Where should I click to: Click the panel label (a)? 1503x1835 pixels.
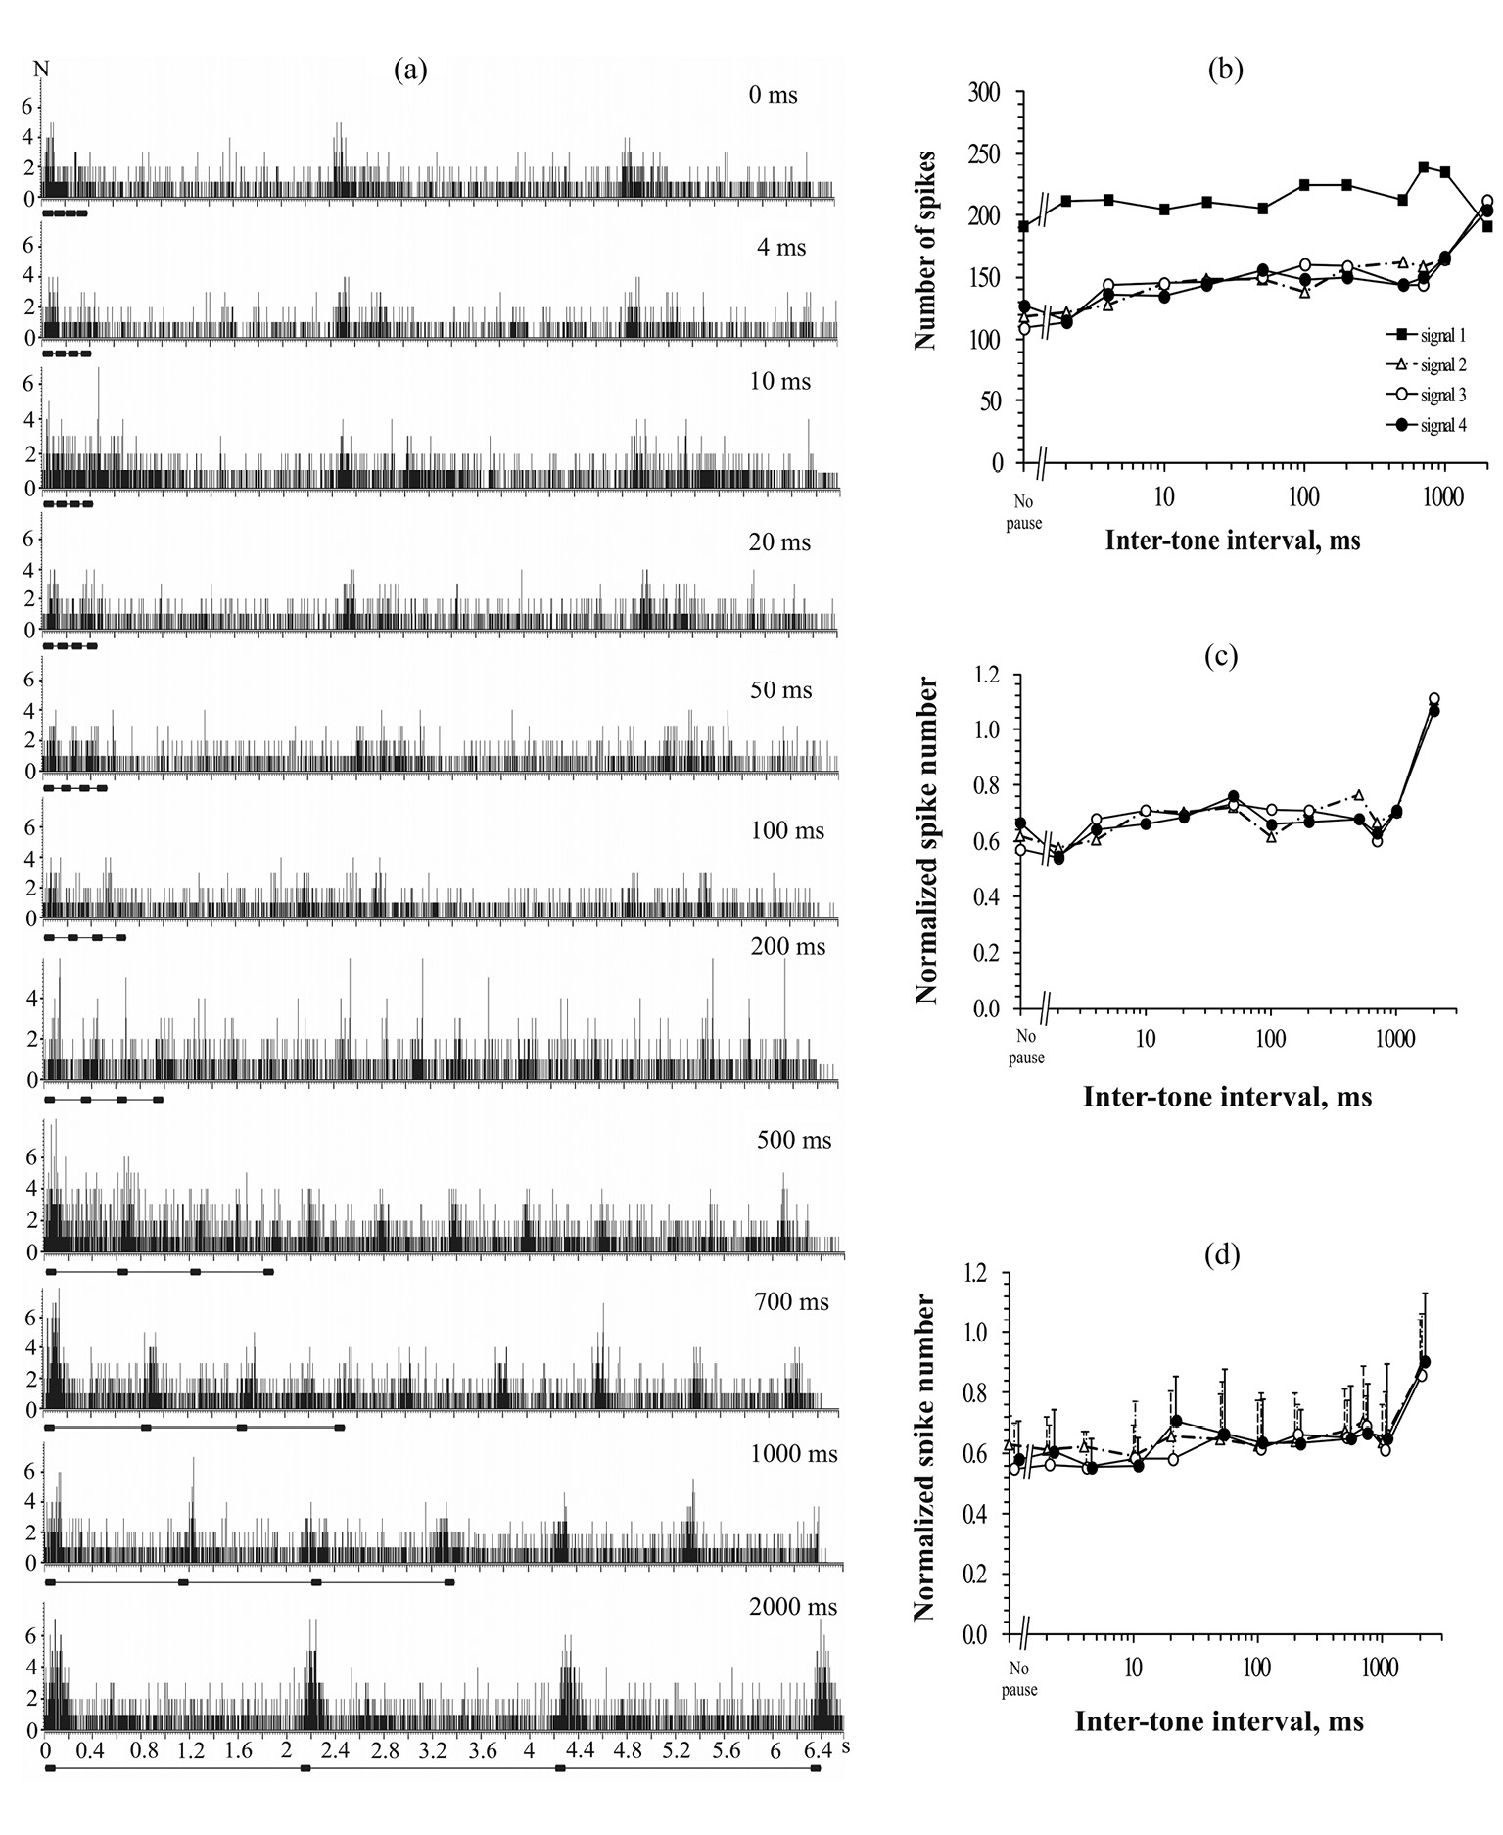[410, 70]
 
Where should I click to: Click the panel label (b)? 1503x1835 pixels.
[1225, 70]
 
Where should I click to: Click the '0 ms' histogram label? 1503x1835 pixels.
[771, 95]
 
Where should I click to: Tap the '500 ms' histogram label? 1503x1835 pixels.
[793, 1140]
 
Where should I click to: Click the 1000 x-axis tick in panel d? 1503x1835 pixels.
[1381, 1664]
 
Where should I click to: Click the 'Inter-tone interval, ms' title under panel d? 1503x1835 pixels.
[1219, 1720]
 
